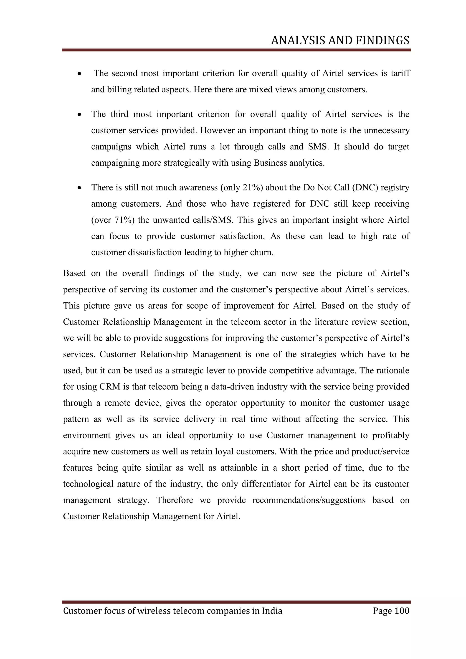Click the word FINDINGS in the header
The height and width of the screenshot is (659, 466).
click(x=382, y=41)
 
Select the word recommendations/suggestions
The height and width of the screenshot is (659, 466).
click(x=309, y=500)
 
